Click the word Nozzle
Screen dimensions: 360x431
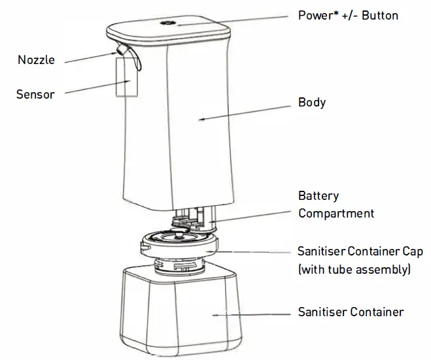click(36, 60)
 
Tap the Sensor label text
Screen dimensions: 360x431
click(35, 94)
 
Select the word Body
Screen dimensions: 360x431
click(312, 103)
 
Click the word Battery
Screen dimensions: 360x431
click(319, 196)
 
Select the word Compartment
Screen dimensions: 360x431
click(336, 213)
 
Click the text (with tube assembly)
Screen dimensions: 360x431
click(354, 269)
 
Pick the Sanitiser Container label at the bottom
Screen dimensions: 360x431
click(351, 312)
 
